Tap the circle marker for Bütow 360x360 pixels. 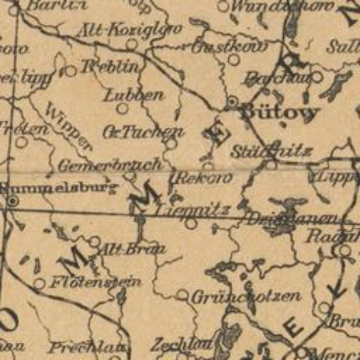232,101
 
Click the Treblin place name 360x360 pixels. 110,66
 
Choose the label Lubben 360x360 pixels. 133,95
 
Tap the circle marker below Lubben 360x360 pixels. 123,108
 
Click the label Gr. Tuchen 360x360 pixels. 143,132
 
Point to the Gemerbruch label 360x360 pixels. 110,165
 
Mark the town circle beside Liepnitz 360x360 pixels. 191,223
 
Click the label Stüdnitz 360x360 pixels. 272,152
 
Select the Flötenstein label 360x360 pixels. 96,283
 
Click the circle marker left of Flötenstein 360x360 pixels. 39,284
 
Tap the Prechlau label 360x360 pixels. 87,347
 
